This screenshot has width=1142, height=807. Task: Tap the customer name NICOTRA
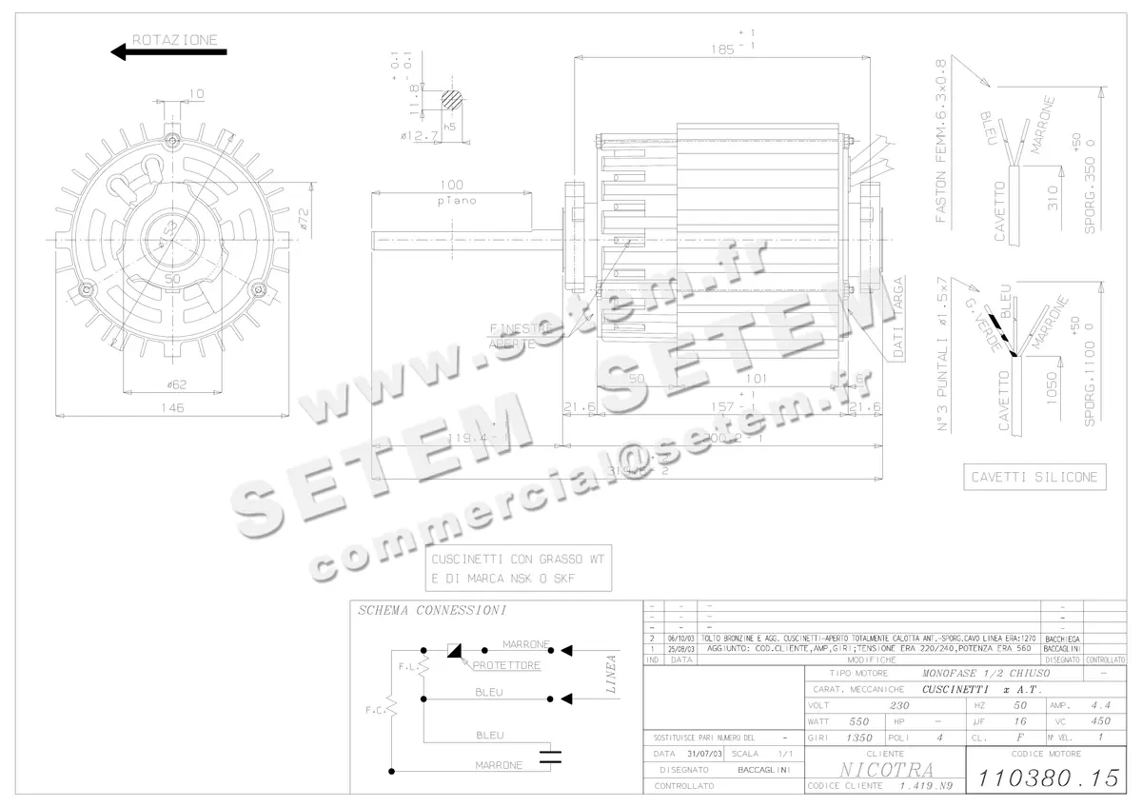point(873,769)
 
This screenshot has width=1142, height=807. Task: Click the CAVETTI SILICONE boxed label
point(1034,477)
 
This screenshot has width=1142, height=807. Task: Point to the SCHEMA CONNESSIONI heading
point(431,611)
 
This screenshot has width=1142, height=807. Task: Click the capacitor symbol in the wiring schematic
point(550,757)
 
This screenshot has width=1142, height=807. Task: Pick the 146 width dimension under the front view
point(171,407)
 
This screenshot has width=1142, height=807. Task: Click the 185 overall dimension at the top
point(728,47)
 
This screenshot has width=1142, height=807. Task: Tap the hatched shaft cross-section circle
point(453,100)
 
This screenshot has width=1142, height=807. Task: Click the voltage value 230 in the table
point(898,706)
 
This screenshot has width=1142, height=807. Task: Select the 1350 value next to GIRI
point(859,738)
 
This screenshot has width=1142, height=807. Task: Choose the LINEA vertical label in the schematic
point(612,674)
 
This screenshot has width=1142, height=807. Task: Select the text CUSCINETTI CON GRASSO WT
point(518,559)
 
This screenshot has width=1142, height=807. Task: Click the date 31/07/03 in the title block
point(702,753)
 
